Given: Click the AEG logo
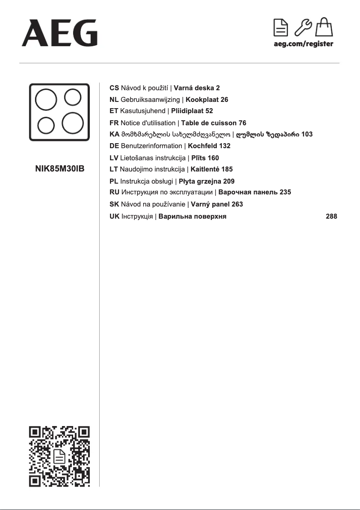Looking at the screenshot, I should (59, 33).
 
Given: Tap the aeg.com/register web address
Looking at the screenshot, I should (303, 44).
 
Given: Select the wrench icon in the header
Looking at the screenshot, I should (303, 28).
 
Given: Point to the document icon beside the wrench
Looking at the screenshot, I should (281, 28).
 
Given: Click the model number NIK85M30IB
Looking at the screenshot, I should (60, 169).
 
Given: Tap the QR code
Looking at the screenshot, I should (60, 456).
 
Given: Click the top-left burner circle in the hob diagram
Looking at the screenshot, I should (46, 101).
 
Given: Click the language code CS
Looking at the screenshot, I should (114, 88).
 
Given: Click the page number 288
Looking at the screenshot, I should (331, 216).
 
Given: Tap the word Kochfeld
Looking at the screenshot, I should (202, 146).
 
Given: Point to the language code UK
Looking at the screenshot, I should (114, 216).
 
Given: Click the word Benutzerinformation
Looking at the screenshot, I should (151, 146).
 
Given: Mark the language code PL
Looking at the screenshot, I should (114, 181).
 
